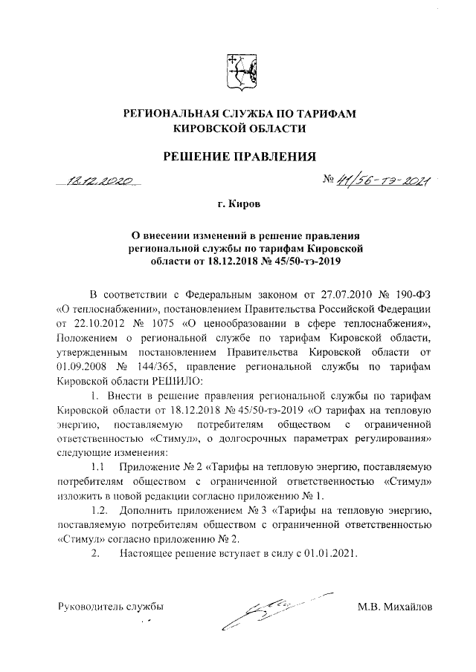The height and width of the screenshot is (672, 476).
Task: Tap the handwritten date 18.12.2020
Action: pos(98,180)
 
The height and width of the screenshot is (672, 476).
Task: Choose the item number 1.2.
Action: pos(97,512)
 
